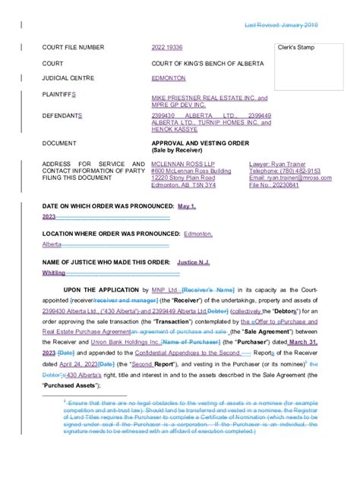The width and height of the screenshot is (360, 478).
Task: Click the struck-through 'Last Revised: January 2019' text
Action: click(x=281, y=26)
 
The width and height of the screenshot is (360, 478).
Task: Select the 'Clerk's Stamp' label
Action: click(x=298, y=47)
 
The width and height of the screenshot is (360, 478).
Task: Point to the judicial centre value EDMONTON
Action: click(x=169, y=77)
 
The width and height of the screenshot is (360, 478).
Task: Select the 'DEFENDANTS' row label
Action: click(x=67, y=116)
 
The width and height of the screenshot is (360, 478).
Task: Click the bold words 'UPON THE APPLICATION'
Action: click(x=102, y=290)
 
